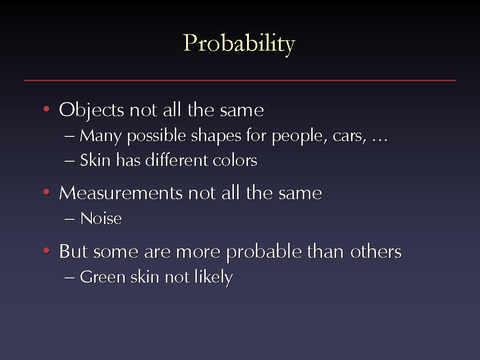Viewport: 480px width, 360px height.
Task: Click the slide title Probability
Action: [x=239, y=44]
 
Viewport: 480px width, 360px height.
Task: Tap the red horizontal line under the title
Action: [x=240, y=80]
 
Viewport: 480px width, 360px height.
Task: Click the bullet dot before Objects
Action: [x=46, y=109]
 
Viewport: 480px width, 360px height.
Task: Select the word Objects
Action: [x=91, y=111]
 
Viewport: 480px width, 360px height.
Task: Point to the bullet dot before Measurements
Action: [x=46, y=192]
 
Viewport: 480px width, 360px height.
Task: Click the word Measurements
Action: [x=121, y=193]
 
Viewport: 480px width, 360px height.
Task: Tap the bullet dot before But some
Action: [x=46, y=251]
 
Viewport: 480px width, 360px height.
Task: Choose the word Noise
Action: [x=101, y=218]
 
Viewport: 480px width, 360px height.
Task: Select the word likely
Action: [x=214, y=278]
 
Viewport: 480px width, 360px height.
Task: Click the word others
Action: [x=376, y=252]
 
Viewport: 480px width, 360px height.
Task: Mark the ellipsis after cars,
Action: [x=380, y=141]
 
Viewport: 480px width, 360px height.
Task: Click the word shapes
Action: [x=216, y=136]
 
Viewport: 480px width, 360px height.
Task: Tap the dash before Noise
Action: [x=70, y=219]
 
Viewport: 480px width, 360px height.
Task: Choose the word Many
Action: [x=101, y=136]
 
